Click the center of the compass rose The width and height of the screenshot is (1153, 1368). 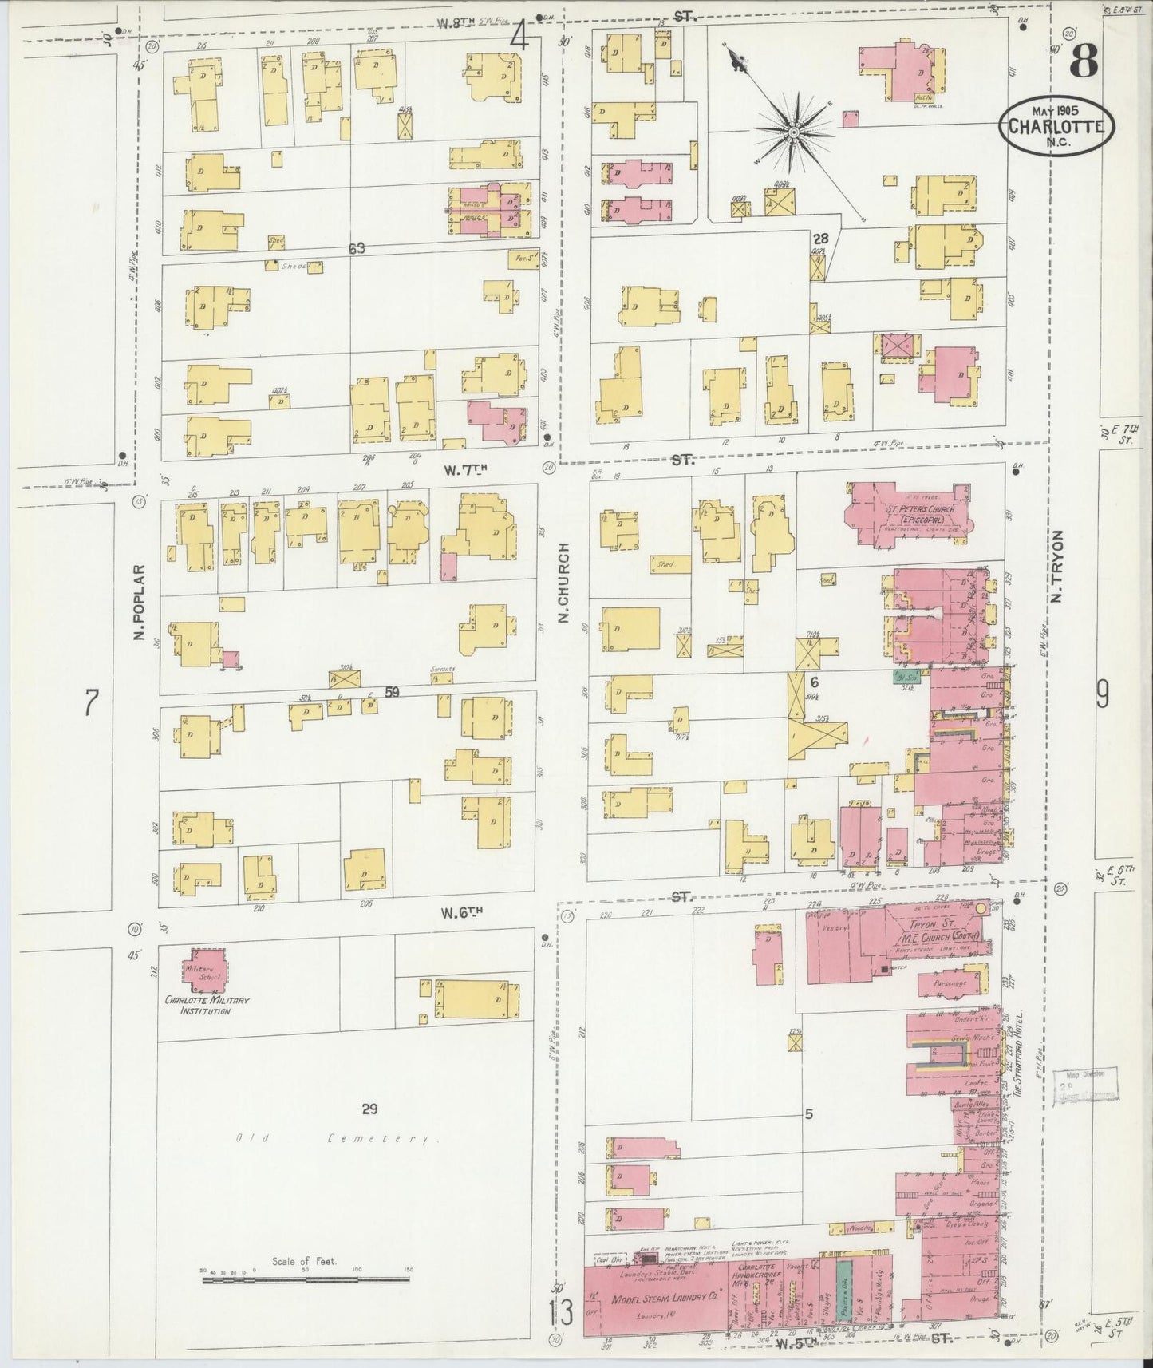click(x=795, y=132)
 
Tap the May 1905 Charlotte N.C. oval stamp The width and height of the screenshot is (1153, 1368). click(x=1056, y=127)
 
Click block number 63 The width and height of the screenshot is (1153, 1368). click(x=356, y=249)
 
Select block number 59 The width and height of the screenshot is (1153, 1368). click(x=391, y=692)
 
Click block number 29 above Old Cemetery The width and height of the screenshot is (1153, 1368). click(x=369, y=1109)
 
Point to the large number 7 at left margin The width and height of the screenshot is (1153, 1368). click(x=92, y=704)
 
